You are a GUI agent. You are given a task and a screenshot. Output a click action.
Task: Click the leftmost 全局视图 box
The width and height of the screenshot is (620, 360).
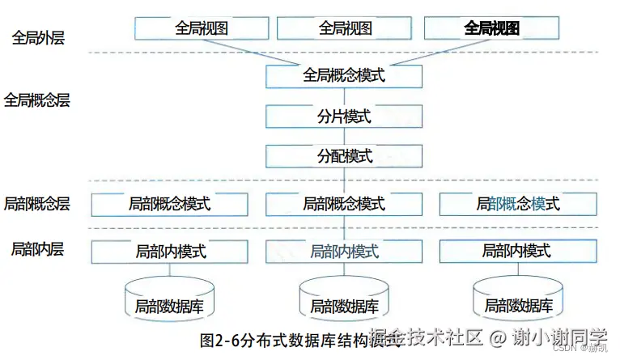point(202,28)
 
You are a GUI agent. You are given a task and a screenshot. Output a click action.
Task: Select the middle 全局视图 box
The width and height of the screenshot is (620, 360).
point(345,28)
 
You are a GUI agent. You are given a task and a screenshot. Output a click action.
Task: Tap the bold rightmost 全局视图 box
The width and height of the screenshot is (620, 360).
point(491,28)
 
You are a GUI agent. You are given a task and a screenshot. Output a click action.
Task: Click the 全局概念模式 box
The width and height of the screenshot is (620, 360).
point(344,76)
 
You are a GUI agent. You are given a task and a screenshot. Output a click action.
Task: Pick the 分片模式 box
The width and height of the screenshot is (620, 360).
point(344,116)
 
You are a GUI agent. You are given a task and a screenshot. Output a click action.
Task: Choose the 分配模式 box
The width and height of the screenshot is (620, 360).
point(344,155)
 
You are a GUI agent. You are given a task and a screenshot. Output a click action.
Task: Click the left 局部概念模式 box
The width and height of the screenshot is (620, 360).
point(168,204)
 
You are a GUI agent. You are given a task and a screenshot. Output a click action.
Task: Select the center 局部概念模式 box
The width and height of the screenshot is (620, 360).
point(344,204)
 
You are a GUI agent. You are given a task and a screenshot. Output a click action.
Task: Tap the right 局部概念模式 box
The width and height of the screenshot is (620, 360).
point(518,204)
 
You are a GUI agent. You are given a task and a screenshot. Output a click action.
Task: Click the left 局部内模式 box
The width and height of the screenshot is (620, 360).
point(171,252)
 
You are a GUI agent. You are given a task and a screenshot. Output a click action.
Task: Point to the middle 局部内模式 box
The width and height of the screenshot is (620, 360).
point(344,252)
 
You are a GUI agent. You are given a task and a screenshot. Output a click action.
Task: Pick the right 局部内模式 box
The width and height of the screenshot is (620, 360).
point(517,252)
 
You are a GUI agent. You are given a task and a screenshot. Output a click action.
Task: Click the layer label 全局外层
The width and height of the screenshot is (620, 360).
point(38,37)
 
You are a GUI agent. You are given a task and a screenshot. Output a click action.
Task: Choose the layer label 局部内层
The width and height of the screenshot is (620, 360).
point(37,248)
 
